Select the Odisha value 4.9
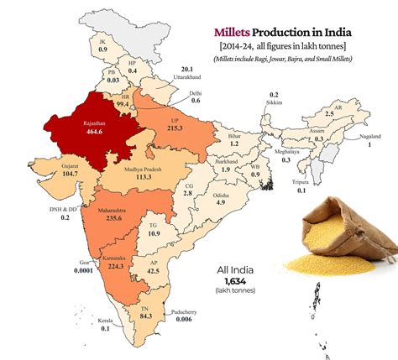click(219, 202)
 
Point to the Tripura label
click(301, 181)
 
